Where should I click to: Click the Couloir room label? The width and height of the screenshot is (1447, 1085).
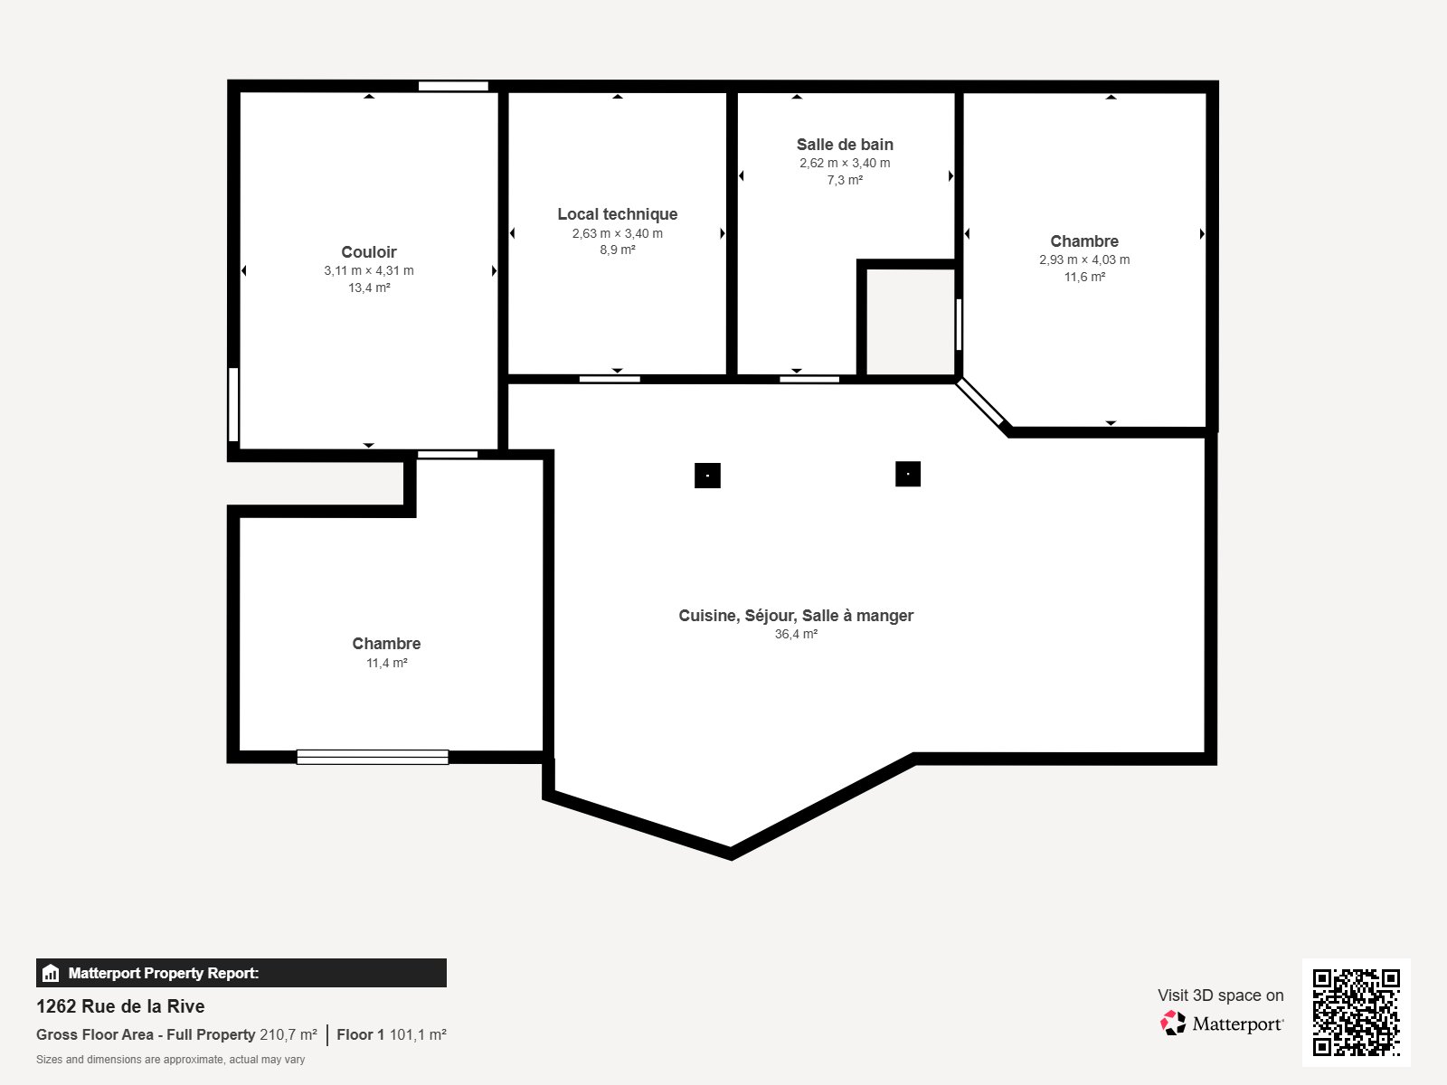coord(368,251)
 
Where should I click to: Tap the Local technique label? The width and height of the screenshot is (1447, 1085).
coord(617,214)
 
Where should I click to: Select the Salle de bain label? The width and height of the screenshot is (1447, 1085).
coord(845,145)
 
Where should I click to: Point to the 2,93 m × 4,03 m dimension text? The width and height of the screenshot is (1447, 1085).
coord(1084,259)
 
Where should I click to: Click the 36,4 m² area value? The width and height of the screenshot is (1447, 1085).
coord(796,634)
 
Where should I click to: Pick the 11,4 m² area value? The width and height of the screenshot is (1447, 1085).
coord(386,663)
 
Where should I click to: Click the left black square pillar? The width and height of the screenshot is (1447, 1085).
coord(707,476)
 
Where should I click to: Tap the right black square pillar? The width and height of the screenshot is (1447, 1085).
coord(908,474)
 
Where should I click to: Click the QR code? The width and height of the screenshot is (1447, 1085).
coord(1356,1013)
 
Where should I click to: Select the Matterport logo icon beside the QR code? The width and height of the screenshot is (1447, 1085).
coord(1173,1024)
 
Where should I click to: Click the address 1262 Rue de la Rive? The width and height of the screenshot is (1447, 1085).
coord(120,1006)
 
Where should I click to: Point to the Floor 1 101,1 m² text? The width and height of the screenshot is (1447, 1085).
coord(392,1034)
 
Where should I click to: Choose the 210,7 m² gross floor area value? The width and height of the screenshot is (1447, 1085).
coord(288,1034)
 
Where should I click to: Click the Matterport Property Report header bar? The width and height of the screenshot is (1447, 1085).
coord(241,972)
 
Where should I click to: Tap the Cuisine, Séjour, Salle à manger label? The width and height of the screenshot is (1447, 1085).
coord(796,616)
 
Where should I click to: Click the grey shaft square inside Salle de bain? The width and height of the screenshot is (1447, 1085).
coord(911,322)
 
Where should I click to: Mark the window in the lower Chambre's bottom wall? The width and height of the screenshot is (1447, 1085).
coord(373,757)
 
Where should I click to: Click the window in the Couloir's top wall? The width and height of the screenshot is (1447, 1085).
coord(454,86)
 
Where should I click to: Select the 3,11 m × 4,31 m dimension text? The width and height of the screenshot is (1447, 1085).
coord(368,270)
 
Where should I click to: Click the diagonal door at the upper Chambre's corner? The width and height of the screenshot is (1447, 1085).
coord(980,401)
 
